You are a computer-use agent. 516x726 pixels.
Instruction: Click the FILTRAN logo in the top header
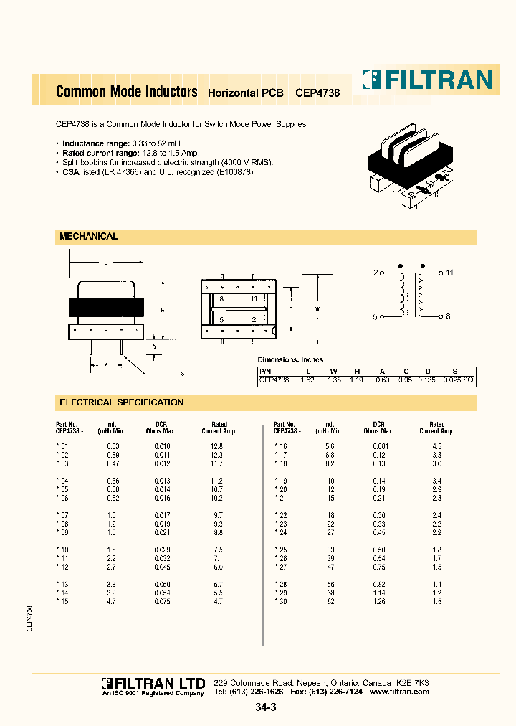tap(427, 79)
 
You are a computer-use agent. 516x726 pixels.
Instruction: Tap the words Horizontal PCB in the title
tap(245, 93)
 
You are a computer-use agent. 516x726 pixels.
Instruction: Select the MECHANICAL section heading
tap(88, 236)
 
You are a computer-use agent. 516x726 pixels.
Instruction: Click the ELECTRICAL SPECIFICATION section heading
tap(121, 402)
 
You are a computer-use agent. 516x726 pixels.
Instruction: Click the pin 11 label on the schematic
tap(449, 273)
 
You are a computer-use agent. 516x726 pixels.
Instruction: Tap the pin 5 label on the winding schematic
tap(376, 316)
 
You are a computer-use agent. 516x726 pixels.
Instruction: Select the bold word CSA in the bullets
tap(71, 172)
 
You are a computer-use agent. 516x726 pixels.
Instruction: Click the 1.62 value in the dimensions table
tap(307, 380)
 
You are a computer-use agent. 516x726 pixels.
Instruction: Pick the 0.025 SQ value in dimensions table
tap(459, 380)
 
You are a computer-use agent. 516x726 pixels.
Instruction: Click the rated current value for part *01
tap(216, 446)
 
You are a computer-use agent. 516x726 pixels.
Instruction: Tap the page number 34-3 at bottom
tap(264, 707)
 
